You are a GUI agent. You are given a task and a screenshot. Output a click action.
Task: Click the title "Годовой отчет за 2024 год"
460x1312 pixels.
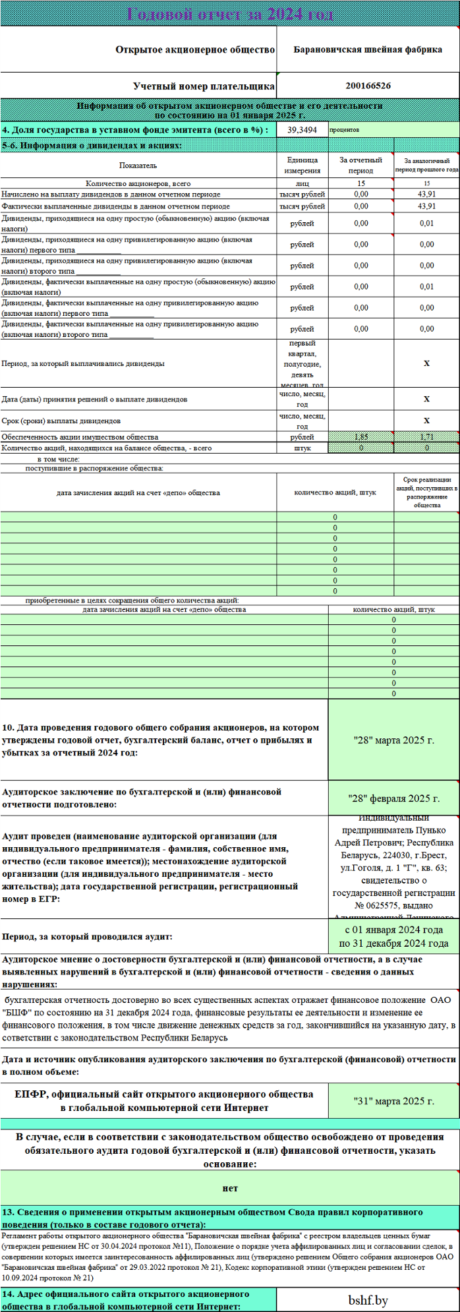(x=230, y=14)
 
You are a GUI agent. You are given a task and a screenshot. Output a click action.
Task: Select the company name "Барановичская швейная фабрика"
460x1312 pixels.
(x=368, y=50)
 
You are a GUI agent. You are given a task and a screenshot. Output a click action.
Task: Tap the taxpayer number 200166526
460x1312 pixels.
(x=368, y=86)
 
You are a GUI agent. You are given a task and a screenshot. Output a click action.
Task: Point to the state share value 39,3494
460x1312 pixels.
(x=302, y=131)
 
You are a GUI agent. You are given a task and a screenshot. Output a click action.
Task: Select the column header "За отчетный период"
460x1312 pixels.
(x=360, y=165)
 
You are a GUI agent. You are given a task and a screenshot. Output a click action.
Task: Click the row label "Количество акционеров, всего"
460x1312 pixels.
(x=138, y=184)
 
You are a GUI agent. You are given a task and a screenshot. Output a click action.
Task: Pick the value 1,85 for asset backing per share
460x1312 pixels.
(x=360, y=437)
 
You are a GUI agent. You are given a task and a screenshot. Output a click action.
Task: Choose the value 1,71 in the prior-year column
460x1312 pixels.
(x=426, y=437)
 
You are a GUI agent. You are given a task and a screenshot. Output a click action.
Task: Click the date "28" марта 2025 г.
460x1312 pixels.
(x=393, y=740)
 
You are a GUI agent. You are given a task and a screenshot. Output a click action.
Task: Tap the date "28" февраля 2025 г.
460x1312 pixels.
(x=393, y=798)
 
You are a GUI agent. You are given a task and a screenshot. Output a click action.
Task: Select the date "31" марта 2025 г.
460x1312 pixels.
(x=393, y=1101)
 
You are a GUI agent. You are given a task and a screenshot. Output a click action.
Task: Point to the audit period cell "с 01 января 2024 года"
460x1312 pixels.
(x=393, y=930)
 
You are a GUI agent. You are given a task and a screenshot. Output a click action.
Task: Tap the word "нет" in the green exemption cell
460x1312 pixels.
(x=230, y=1188)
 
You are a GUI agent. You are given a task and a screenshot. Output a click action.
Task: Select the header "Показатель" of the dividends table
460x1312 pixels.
(x=138, y=165)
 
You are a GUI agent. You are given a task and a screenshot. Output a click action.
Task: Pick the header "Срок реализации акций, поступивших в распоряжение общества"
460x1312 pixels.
(x=426, y=492)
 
